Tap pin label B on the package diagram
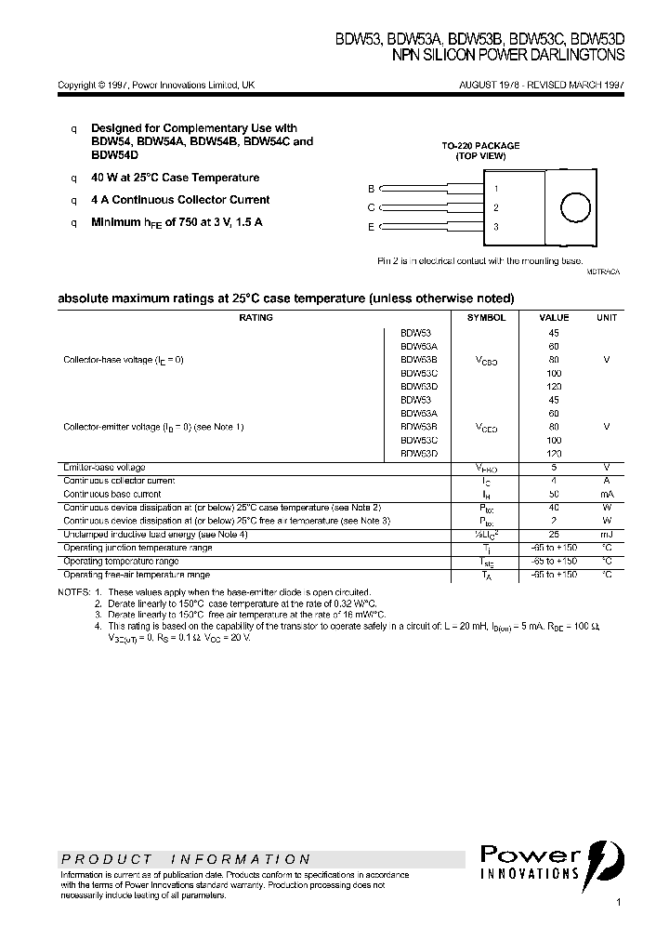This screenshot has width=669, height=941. pos(372,188)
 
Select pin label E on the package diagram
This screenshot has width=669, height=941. pos(372,227)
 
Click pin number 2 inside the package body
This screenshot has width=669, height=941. pos(496,207)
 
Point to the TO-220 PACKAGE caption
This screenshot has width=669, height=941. pos(480,146)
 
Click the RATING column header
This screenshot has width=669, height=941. pos(256,317)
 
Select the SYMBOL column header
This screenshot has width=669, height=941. pos(486,317)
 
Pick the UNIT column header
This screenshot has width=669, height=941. pos(607,317)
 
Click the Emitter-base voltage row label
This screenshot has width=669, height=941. pos(104,467)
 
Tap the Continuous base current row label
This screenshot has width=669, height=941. pos(112,494)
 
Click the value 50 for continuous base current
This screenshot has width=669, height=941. pos(554,494)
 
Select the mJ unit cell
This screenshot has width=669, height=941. pos(607,535)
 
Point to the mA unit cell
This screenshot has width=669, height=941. pos(607,494)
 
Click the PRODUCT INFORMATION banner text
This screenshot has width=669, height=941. pos(185,859)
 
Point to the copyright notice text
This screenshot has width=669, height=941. pos(156,85)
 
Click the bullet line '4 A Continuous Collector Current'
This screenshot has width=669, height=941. pos(180,200)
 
